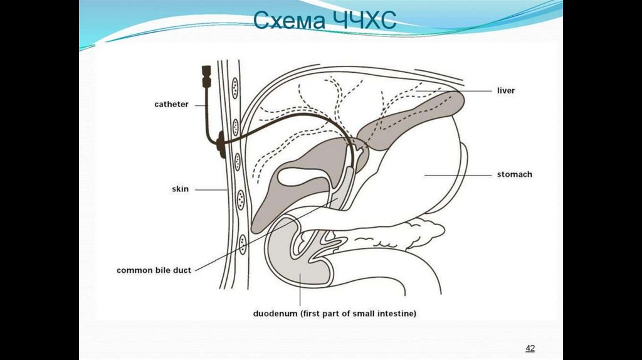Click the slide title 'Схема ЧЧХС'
[x=324, y=20]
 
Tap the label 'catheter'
[x=171, y=104]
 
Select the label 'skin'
[x=180, y=188]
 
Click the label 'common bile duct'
[x=154, y=270]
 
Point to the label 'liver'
[x=505, y=90]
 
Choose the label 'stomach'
[x=514, y=174]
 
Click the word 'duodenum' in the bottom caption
[x=276, y=312]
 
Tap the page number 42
[x=530, y=348]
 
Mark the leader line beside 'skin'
[x=210, y=189]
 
